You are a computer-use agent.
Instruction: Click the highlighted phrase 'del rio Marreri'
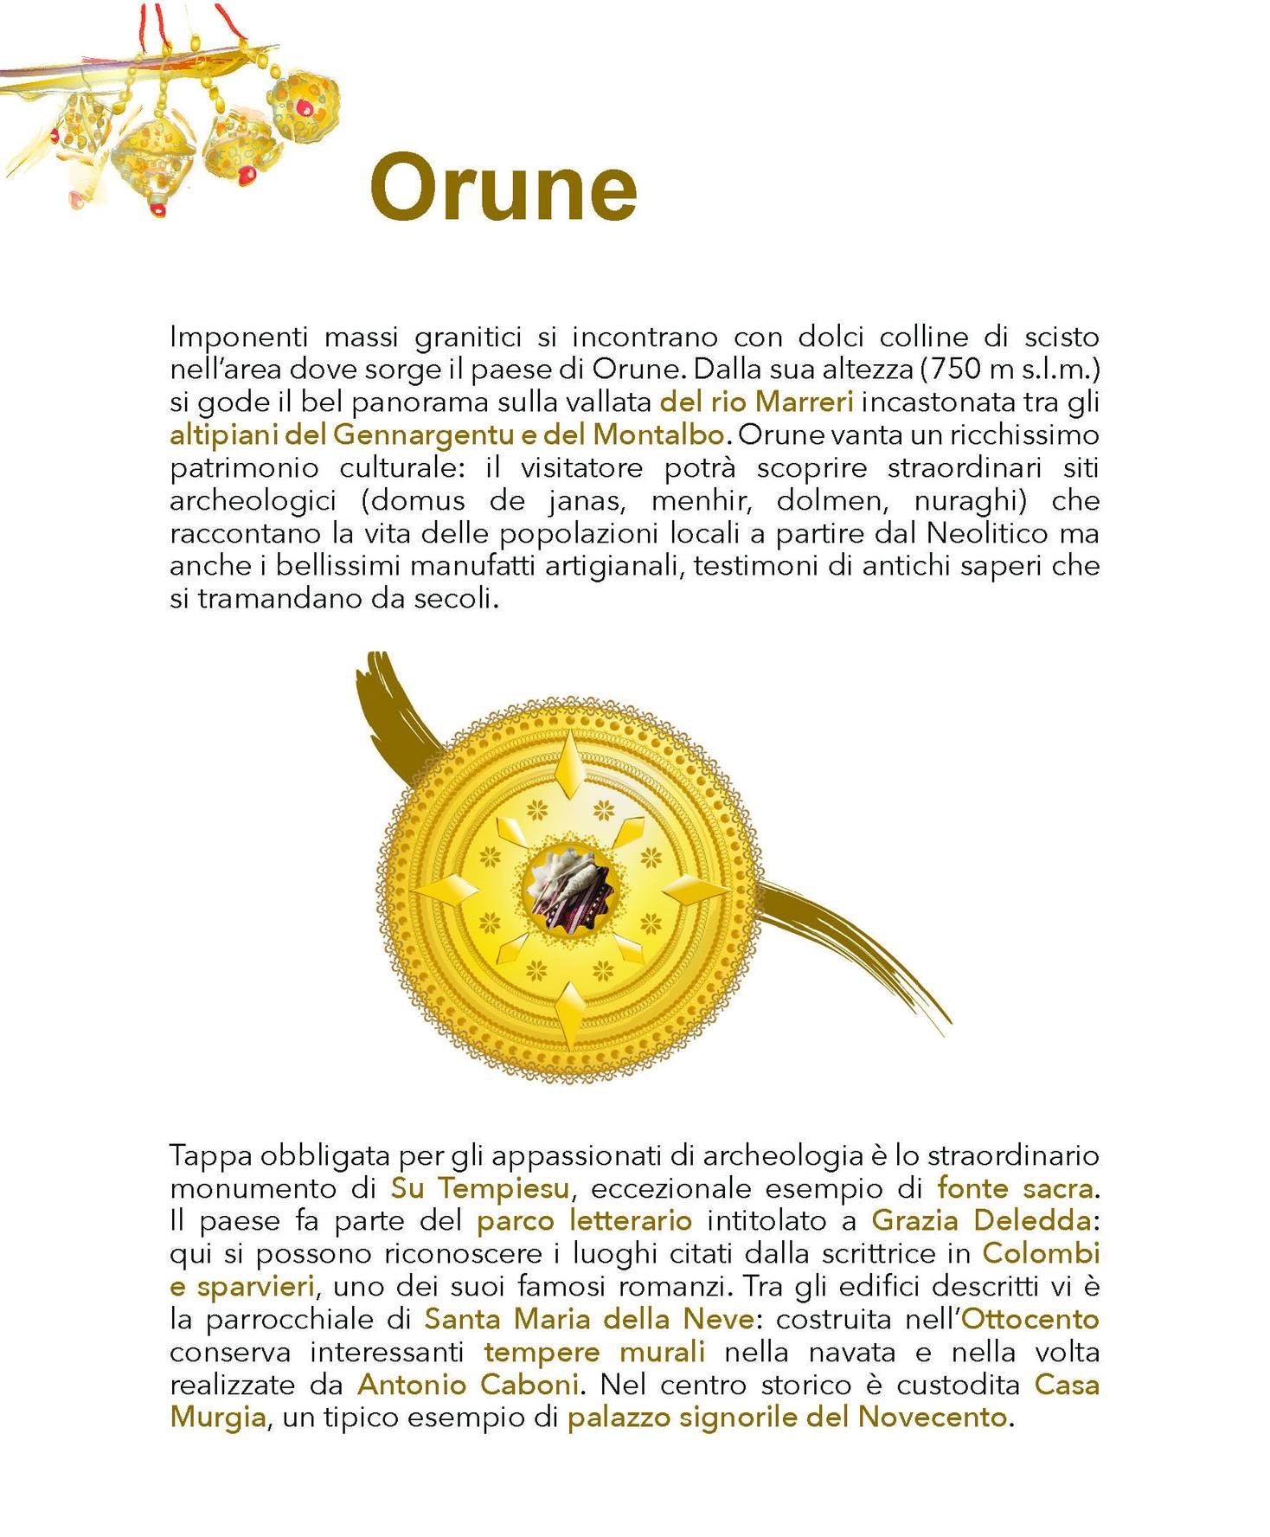756,402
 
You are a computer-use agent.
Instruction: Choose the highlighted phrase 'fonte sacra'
1014,1187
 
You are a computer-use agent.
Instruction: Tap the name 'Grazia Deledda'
980,1220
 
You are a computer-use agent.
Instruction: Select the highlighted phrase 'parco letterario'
585,1220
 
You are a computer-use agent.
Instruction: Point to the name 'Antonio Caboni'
468,1385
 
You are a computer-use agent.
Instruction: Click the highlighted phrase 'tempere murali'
594,1352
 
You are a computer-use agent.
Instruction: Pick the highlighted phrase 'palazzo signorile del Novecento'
787,1418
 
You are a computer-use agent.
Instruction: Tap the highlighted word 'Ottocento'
1030,1319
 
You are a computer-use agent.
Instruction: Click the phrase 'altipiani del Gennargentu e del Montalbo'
446,434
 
